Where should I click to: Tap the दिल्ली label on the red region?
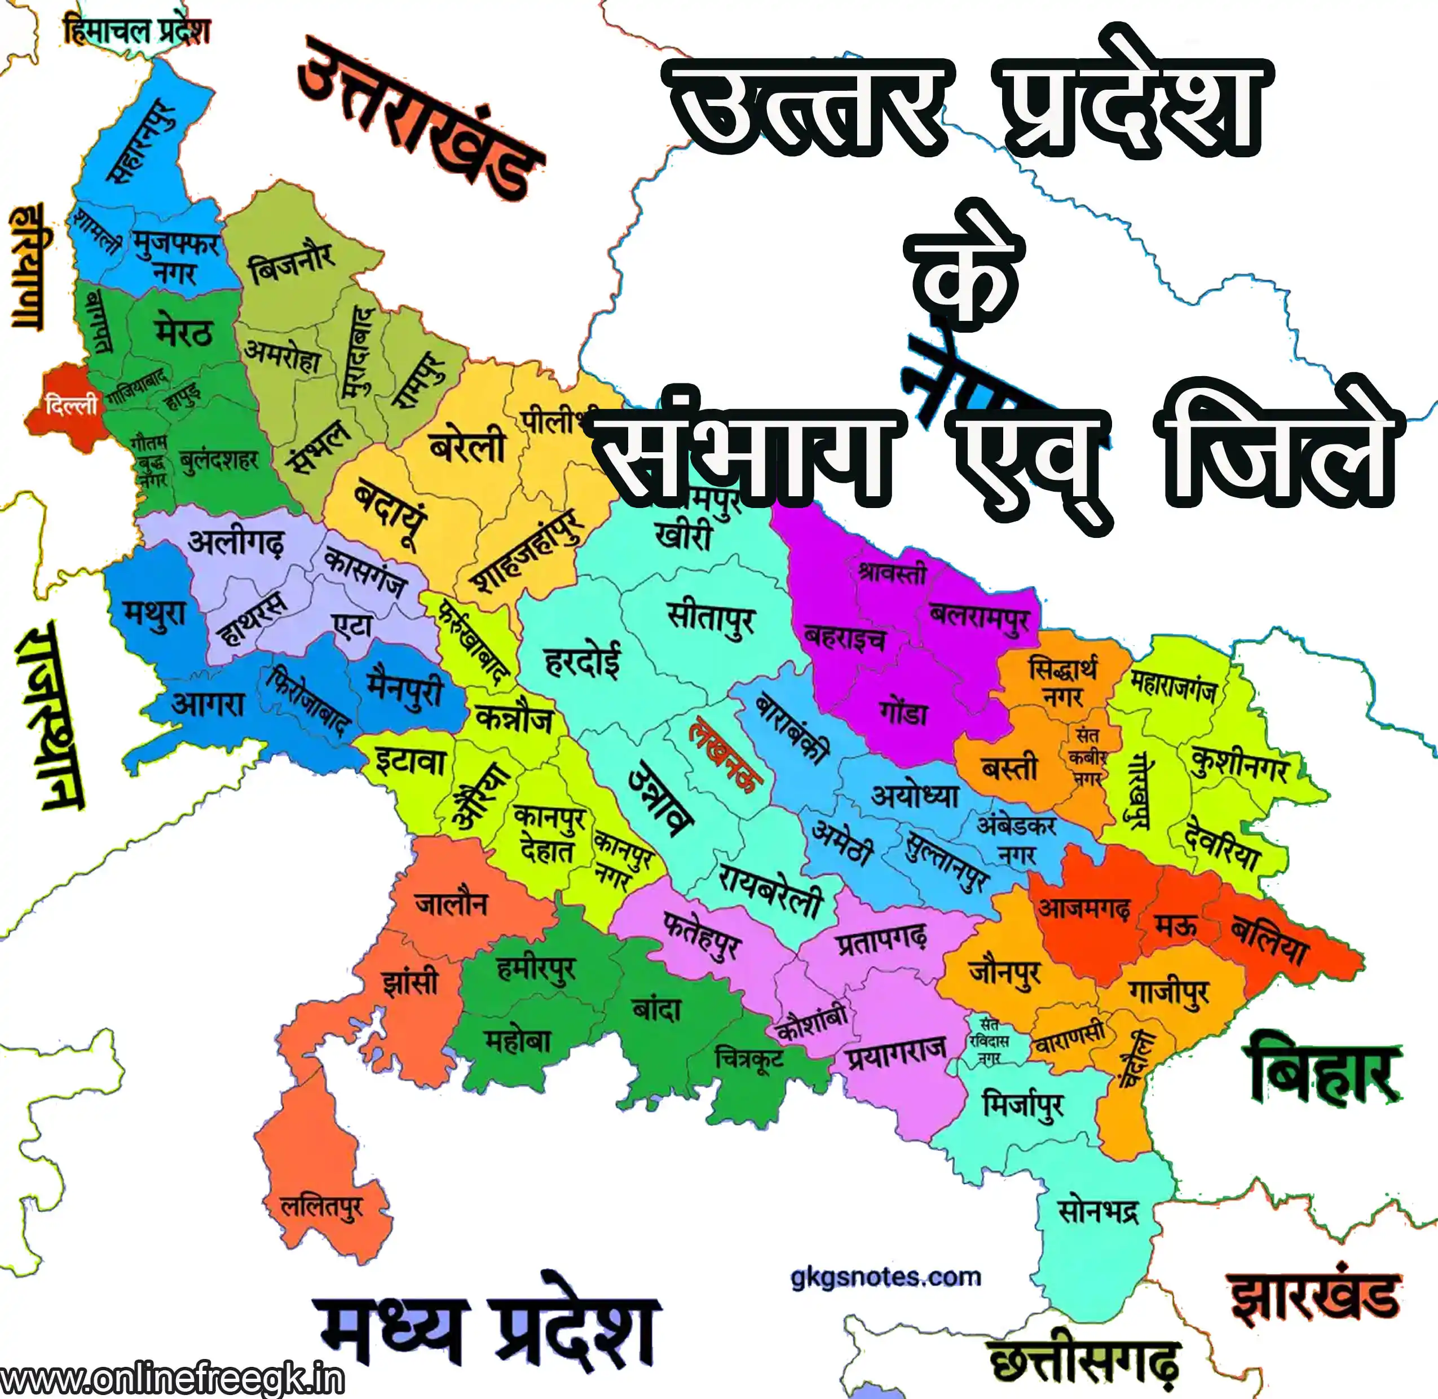[x=71, y=405]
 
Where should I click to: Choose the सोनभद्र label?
[x=1098, y=1210]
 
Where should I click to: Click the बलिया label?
[x=1269, y=940]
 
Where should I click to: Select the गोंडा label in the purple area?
[x=904, y=712]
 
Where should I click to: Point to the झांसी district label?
[x=410, y=982]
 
